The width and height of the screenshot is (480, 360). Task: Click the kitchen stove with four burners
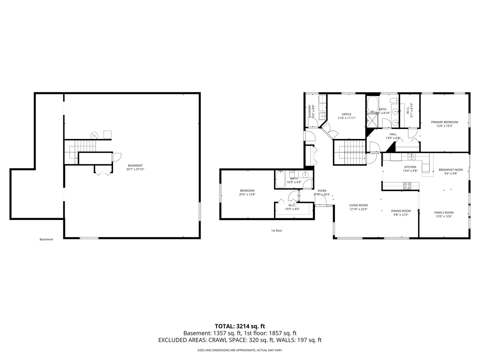click(x=407, y=186)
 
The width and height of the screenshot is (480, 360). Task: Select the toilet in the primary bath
click(x=394, y=100)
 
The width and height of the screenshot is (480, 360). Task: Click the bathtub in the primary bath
click(x=372, y=104)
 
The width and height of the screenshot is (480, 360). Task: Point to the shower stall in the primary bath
click(x=372, y=121)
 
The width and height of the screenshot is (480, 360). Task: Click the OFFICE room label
click(x=346, y=114)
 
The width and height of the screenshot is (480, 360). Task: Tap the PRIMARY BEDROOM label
click(x=444, y=122)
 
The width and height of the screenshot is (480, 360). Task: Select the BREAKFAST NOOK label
click(x=451, y=170)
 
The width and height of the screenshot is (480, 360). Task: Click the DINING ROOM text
click(x=401, y=211)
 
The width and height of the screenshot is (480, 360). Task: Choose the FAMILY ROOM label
click(x=444, y=213)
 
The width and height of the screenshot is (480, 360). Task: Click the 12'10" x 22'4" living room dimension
click(x=358, y=209)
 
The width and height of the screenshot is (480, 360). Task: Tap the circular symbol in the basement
click(x=95, y=135)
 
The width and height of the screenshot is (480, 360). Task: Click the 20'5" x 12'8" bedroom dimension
click(x=247, y=194)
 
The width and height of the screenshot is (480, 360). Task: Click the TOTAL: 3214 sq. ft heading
click(x=240, y=326)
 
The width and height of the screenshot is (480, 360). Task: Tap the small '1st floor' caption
click(x=276, y=230)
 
